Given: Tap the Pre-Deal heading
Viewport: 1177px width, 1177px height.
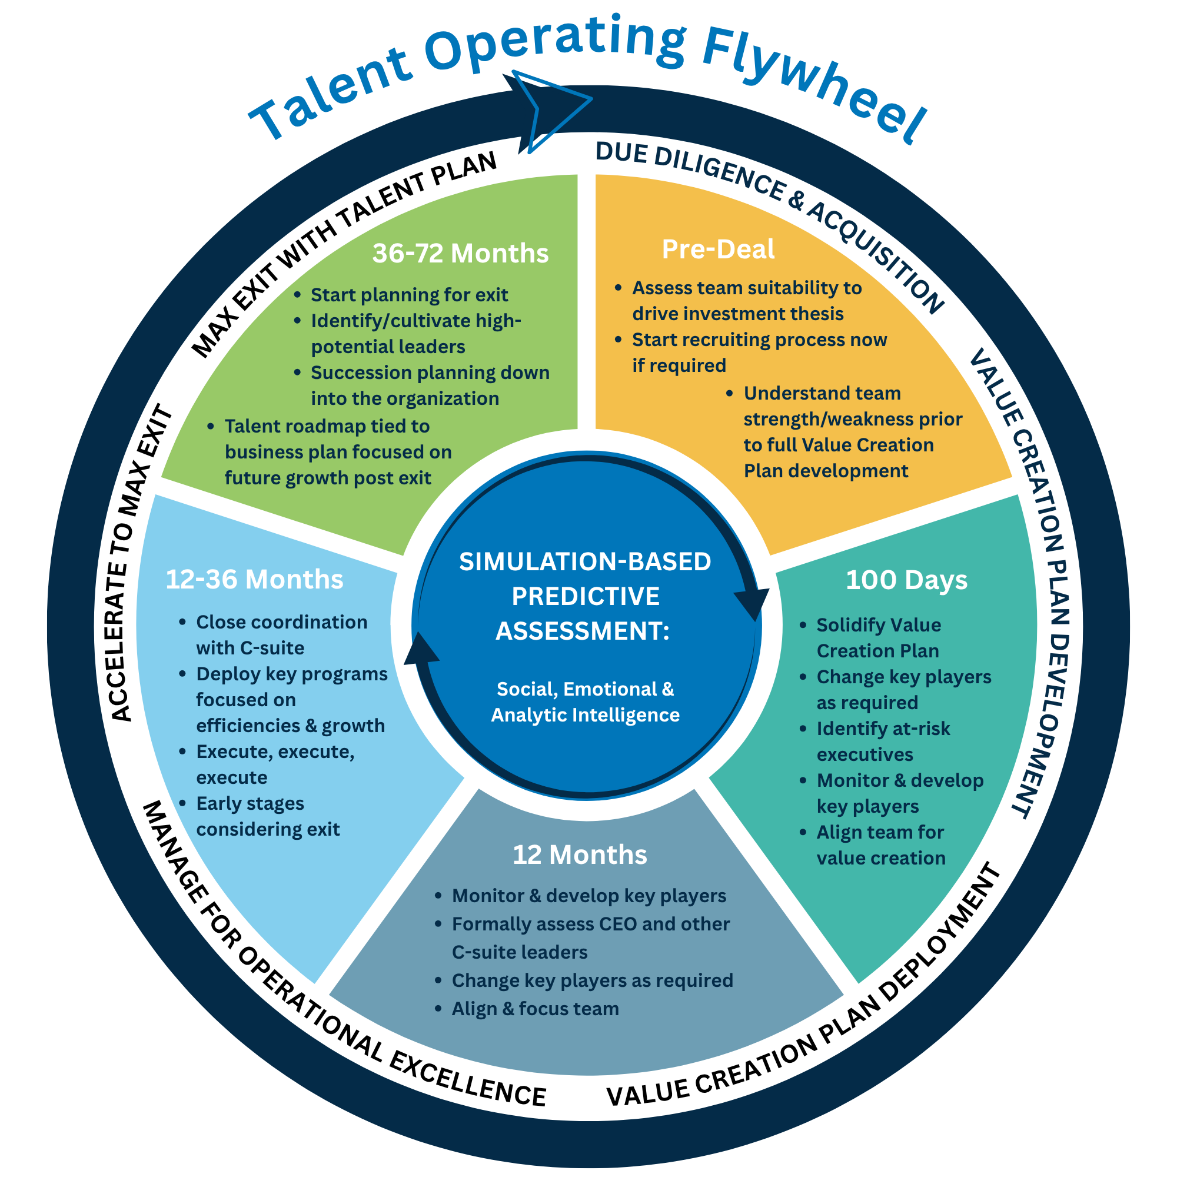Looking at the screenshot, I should pos(717,249).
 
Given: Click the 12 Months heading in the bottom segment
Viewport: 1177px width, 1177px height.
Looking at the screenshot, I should pos(579,855).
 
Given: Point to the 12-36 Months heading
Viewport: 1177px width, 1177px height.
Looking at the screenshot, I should pos(254,578).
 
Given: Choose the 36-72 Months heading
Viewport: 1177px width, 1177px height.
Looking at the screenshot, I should pos(460,253).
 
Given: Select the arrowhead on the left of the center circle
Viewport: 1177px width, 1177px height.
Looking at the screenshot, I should pos(420,649).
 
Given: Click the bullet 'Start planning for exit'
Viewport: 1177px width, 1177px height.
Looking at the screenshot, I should pos(409,295).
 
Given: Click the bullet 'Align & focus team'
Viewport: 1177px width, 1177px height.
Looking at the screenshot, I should pos(535,1009).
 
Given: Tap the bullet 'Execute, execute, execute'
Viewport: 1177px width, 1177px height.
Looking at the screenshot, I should pos(275,764).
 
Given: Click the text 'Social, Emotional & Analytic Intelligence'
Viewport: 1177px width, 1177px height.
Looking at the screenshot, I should pos(585,702).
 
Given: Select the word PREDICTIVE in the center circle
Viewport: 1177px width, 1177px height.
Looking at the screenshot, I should pos(585,596).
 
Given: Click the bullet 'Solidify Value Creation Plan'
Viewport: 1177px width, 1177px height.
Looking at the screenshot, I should pos(878,638).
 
